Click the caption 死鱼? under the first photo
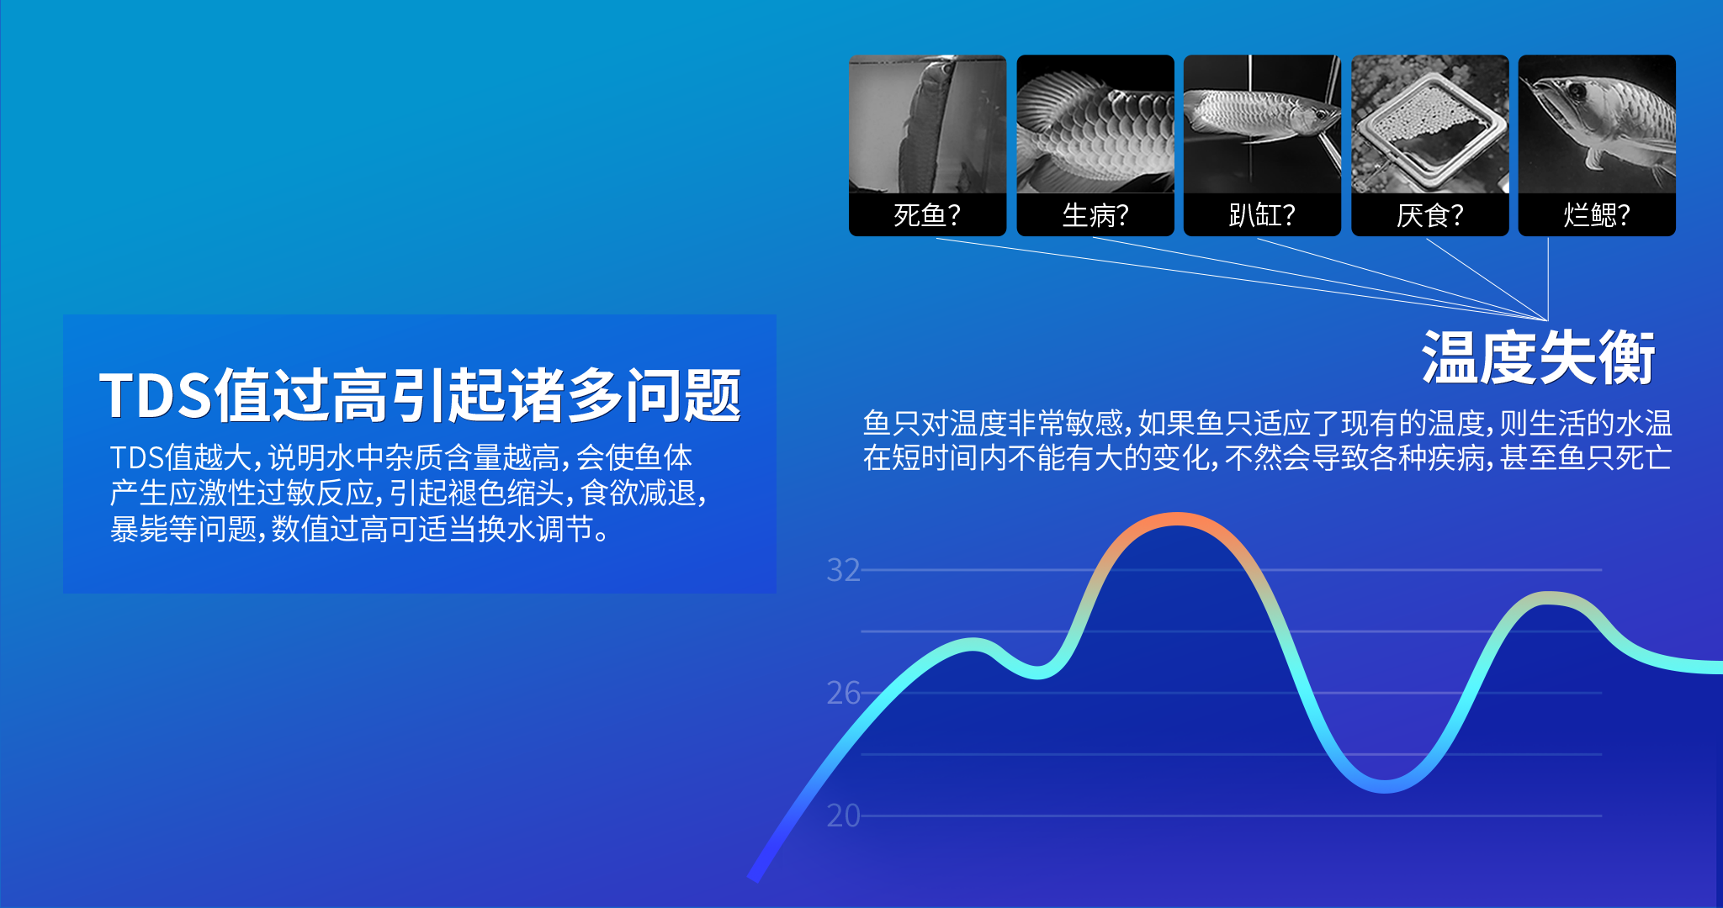(x=927, y=215)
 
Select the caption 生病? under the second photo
(x=1095, y=215)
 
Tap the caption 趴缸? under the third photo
(x=1262, y=215)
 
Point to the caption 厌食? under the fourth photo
(x=1430, y=215)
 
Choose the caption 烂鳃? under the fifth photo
(x=1597, y=215)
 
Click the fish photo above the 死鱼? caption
(x=927, y=124)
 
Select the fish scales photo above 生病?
(x=1095, y=124)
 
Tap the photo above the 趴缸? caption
(x=1262, y=124)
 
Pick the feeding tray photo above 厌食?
(x=1430, y=124)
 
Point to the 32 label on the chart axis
(x=844, y=570)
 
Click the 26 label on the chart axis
(x=844, y=693)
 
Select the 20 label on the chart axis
(x=844, y=816)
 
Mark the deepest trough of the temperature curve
(x=1386, y=786)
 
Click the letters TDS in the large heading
(x=155, y=395)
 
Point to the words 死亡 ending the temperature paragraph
(x=1643, y=457)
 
